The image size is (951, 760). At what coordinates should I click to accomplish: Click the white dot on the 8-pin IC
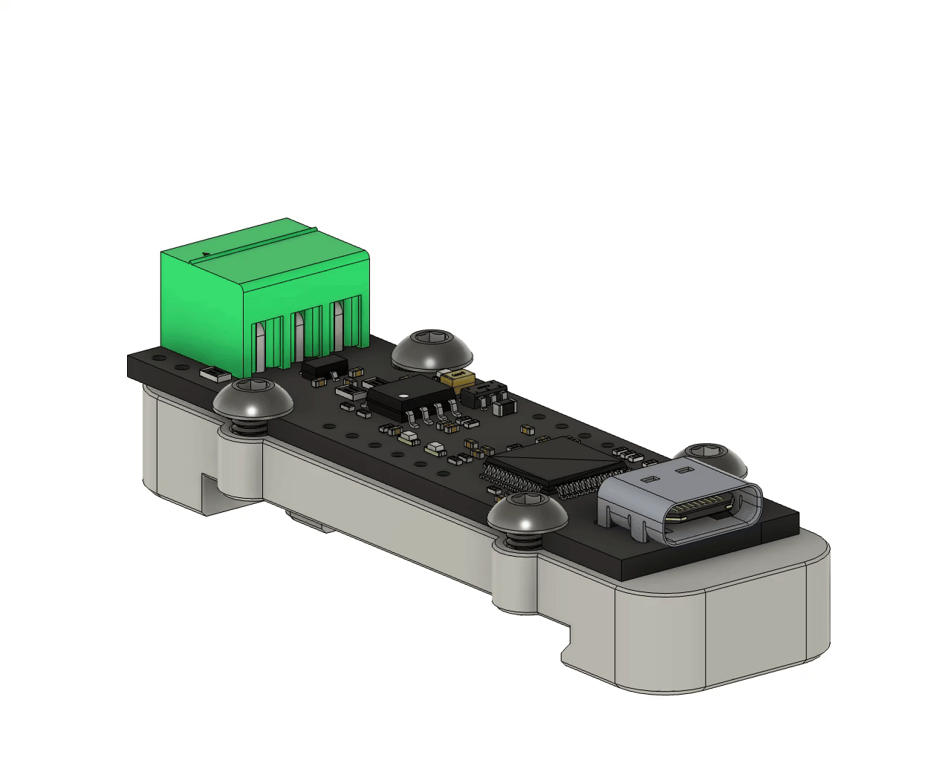[x=402, y=395]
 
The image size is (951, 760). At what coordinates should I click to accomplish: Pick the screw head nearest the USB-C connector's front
[x=528, y=513]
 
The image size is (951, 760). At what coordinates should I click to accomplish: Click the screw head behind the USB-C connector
[x=710, y=456]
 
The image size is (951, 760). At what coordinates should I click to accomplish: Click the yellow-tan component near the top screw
[x=457, y=379]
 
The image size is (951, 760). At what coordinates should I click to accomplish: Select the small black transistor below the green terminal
[x=325, y=364]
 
